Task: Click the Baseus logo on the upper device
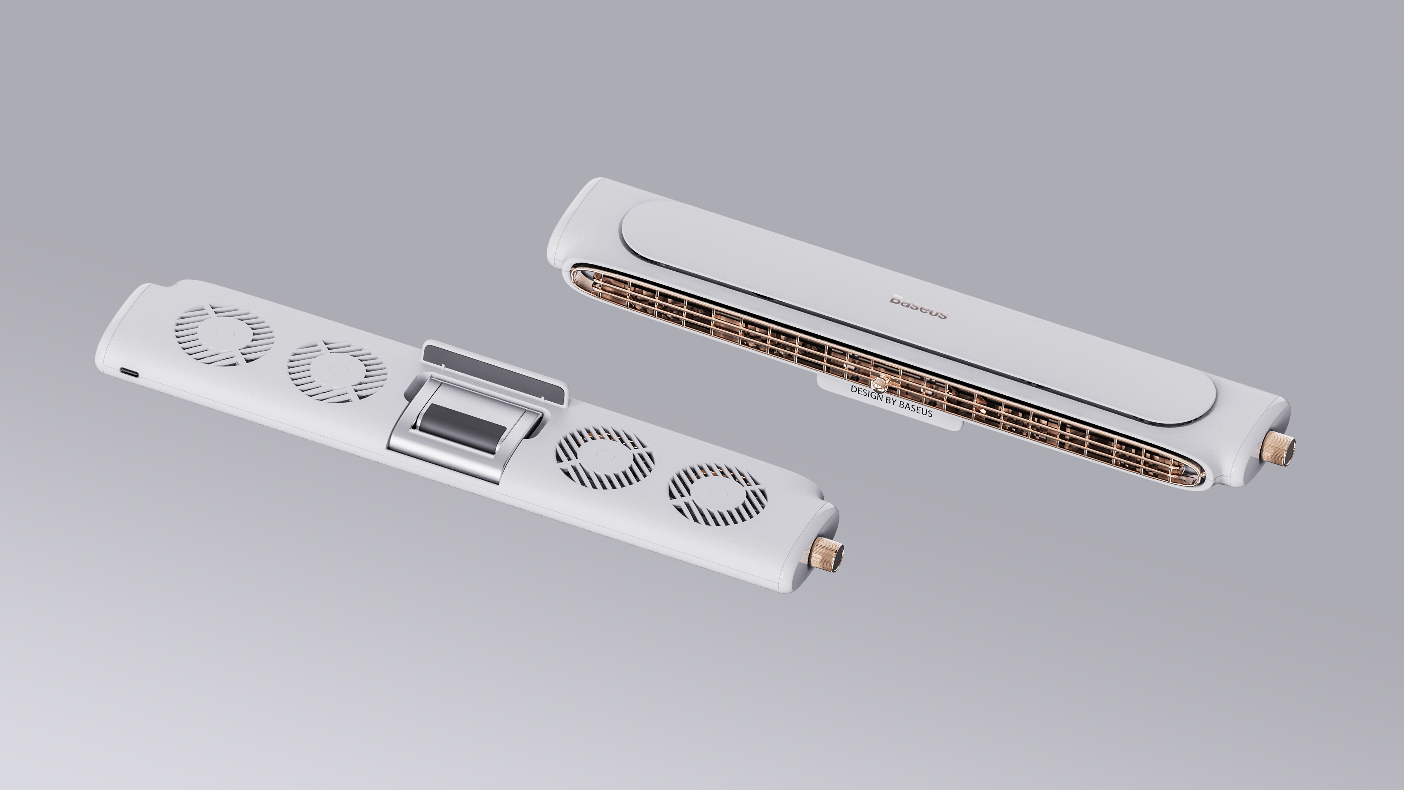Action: click(x=919, y=306)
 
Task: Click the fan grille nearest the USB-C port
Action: click(x=224, y=334)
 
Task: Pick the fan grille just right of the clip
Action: click(x=604, y=457)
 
